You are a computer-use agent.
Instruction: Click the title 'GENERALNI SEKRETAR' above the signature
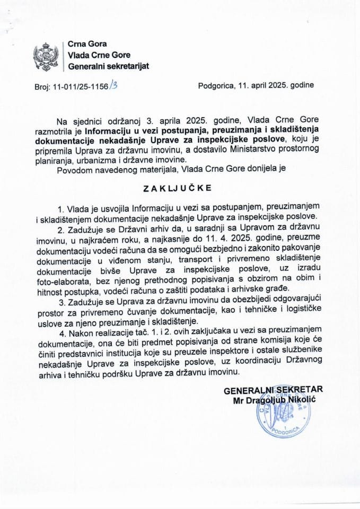[x=273, y=390]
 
